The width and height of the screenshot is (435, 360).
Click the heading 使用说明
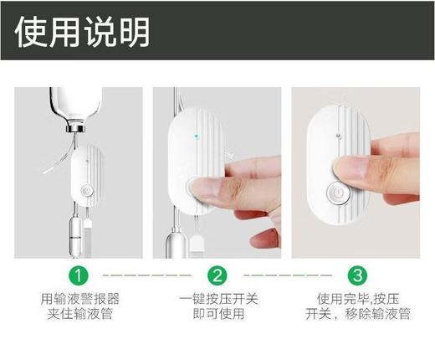click(x=83, y=31)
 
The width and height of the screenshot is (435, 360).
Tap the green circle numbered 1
click(x=77, y=275)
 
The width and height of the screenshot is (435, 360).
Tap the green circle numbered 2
click(x=217, y=275)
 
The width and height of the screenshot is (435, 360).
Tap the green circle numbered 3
click(x=358, y=275)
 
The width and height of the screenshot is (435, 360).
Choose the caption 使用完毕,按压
click(x=357, y=299)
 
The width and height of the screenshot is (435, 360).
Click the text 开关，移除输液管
click(x=357, y=316)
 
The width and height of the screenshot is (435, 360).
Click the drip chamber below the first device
click(x=74, y=230)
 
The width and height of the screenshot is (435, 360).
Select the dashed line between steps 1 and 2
click(x=146, y=275)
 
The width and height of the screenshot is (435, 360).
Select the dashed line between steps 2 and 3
click(x=287, y=275)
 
